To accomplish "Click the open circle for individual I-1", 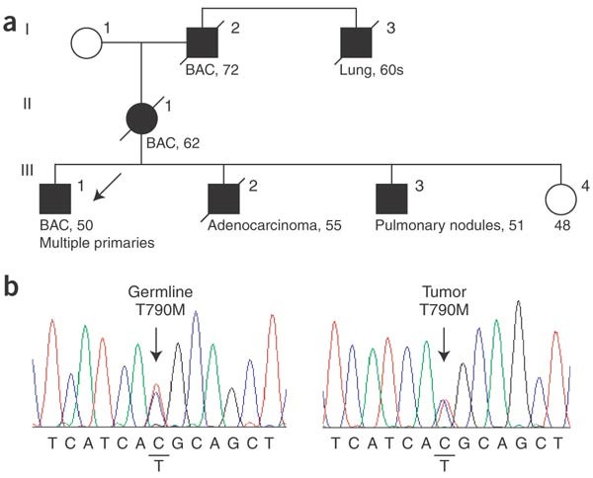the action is click(x=87, y=42).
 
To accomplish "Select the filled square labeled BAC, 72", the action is click(x=203, y=42).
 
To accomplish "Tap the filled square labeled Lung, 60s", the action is click(x=356, y=42).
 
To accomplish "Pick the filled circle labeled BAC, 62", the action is click(x=141, y=119).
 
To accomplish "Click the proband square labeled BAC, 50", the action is click(x=55, y=199).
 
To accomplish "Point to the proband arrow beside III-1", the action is click(x=108, y=187).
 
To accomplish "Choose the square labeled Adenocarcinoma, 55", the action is click(x=224, y=199).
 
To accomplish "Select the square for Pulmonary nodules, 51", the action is click(x=391, y=199).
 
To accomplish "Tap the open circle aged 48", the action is click(x=560, y=199).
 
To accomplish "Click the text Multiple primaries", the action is click(x=97, y=243).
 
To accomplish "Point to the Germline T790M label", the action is click(x=160, y=301).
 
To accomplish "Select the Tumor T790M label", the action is click(x=445, y=301).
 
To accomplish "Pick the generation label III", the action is click(x=27, y=171).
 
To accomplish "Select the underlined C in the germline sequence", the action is click(x=158, y=442).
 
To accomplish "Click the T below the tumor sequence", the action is click(x=445, y=466).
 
